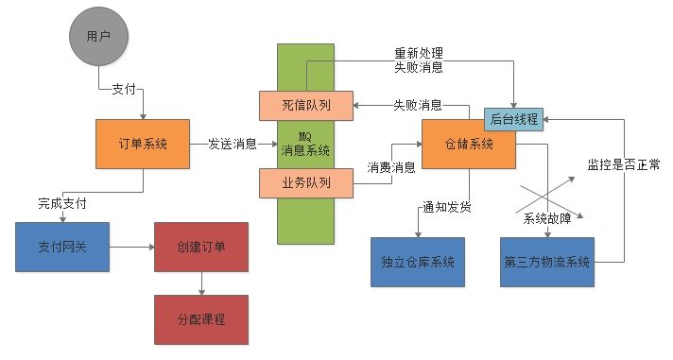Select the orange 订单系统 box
(x=144, y=144)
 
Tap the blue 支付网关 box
(x=63, y=248)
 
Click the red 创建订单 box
(x=200, y=248)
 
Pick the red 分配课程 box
(x=200, y=317)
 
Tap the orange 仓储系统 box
(x=468, y=146)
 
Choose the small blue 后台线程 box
(x=514, y=119)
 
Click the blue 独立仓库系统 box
(x=416, y=261)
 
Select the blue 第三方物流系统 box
(x=547, y=261)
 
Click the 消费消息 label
(x=390, y=167)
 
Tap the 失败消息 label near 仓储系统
(x=417, y=105)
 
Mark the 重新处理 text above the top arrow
(x=418, y=52)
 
